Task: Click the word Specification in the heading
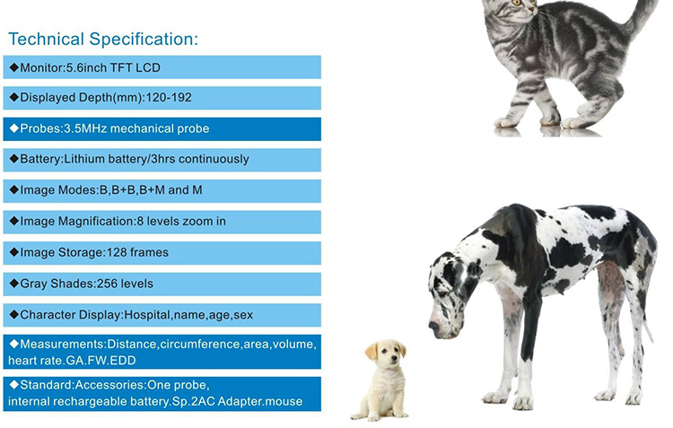pyautogui.click(x=144, y=39)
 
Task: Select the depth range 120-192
pyautogui.click(x=169, y=98)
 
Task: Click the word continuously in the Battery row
pyautogui.click(x=214, y=159)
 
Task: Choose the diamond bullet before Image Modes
pyautogui.click(x=14, y=189)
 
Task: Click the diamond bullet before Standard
pyautogui.click(x=14, y=384)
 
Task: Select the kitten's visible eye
pyautogui.click(x=517, y=3)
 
